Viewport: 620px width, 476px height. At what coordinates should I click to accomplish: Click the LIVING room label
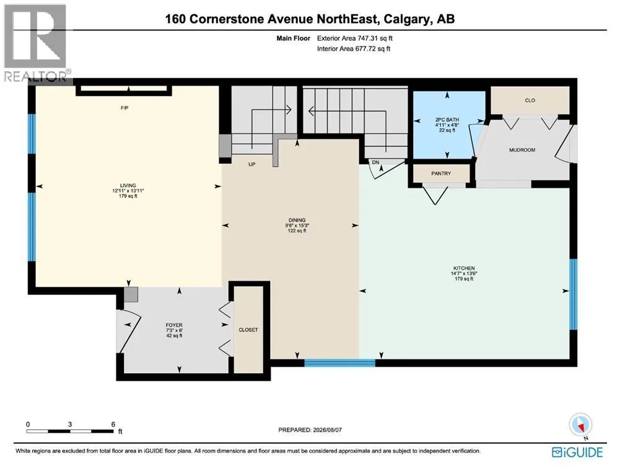click(128, 185)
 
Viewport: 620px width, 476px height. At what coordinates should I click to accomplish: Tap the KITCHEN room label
click(464, 268)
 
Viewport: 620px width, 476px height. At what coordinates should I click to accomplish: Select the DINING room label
click(297, 220)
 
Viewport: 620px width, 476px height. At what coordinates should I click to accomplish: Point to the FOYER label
click(174, 325)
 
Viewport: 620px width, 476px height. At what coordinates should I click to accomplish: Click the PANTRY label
click(441, 174)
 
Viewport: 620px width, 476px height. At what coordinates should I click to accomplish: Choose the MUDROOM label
click(522, 150)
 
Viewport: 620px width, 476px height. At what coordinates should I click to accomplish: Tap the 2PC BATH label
click(447, 120)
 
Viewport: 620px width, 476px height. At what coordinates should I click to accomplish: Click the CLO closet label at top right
click(530, 100)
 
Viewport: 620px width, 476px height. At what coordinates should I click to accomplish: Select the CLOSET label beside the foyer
click(248, 330)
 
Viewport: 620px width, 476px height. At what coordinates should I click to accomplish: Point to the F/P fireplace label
click(124, 108)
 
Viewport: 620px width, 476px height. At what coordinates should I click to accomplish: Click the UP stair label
click(252, 164)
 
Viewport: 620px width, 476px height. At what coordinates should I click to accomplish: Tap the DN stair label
click(375, 162)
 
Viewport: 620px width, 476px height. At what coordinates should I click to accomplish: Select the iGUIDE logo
click(577, 452)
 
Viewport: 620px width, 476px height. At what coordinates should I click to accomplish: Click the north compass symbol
click(580, 426)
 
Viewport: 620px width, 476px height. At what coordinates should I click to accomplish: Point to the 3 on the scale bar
click(70, 424)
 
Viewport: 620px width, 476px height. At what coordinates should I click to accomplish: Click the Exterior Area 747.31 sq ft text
click(355, 38)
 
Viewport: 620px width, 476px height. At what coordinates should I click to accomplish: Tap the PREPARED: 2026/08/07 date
click(310, 430)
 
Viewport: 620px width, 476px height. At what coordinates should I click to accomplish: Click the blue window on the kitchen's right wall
click(573, 294)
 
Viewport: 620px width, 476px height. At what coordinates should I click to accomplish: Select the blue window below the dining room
click(339, 363)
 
